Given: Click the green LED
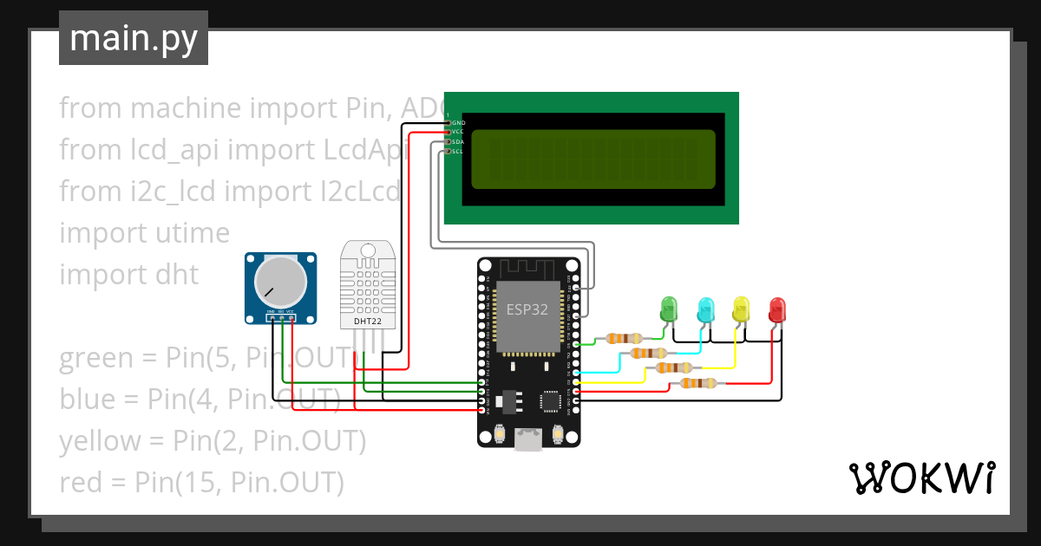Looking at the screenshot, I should pyautogui.click(x=669, y=308).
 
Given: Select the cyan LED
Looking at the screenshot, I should pyautogui.click(x=706, y=309).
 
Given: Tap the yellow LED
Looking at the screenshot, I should pyautogui.click(x=741, y=309).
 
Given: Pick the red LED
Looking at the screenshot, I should pyautogui.click(x=777, y=309).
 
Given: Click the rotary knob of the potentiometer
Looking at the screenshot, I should pyautogui.click(x=280, y=282).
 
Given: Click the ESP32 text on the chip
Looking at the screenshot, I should pyautogui.click(x=527, y=308).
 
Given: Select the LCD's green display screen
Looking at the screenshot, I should pyautogui.click(x=593, y=159).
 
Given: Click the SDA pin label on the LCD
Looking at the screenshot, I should pyautogui.click(x=458, y=142).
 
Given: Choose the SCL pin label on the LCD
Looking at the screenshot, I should pyautogui.click(x=458, y=152).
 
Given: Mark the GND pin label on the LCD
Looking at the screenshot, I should pyautogui.click(x=458, y=123).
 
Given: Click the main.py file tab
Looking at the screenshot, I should pyautogui.click(x=134, y=38).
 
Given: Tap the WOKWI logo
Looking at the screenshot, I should pyautogui.click(x=921, y=478).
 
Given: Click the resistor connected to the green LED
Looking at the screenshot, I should pyautogui.click(x=624, y=338).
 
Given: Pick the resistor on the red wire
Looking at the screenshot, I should pyautogui.click(x=697, y=382).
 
